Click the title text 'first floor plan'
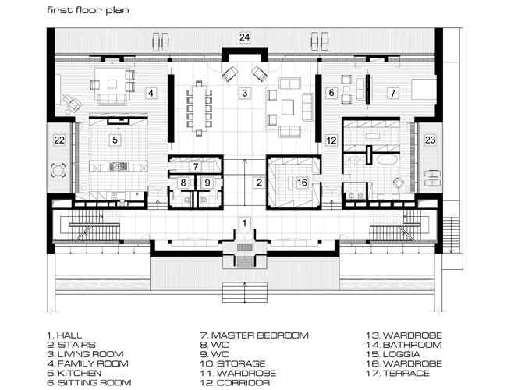click(88, 10)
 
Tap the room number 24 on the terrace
click(244, 37)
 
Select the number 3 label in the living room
click(245, 93)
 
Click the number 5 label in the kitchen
click(115, 140)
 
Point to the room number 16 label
click(302, 183)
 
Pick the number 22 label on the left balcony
click(59, 140)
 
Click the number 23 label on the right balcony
click(430, 140)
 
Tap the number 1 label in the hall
click(244, 223)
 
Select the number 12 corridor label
click(331, 140)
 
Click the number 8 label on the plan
click(183, 183)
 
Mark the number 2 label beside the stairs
click(259, 183)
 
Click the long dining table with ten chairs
click(199, 108)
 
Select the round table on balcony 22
click(58, 170)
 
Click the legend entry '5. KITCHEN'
click(74, 373)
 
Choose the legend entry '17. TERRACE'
click(398, 373)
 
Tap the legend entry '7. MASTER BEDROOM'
click(254, 335)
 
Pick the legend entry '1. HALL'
click(65, 335)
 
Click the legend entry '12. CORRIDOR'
click(235, 382)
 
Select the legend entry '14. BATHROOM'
click(404, 345)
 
